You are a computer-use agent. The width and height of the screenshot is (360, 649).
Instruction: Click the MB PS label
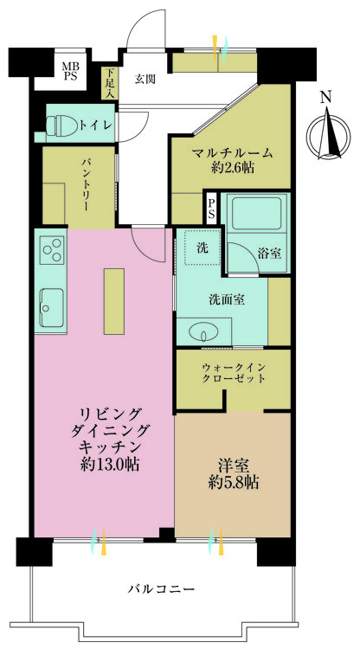[68, 68]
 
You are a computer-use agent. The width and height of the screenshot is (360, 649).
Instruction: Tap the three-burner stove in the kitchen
[52, 251]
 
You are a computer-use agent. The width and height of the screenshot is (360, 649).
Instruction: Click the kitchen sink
[49, 305]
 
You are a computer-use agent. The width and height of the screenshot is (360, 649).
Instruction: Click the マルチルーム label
[232, 153]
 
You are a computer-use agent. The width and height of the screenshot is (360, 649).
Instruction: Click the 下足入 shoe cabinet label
[110, 82]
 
